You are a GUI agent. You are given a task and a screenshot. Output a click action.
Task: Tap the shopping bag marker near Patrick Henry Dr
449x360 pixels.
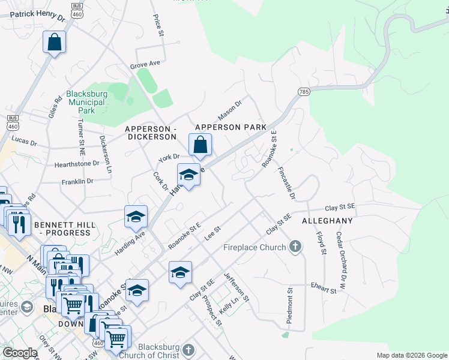pos(54,43)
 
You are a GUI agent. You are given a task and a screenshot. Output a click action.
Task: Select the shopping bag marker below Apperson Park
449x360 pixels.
pos(200,145)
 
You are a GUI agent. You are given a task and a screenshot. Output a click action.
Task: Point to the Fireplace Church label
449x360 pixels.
pos(255,247)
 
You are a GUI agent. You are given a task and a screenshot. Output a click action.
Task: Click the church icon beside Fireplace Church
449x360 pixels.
pos(295,247)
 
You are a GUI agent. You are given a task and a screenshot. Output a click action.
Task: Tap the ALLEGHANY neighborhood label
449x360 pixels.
pos(327,221)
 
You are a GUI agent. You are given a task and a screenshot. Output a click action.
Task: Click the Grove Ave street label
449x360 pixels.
pos(145,64)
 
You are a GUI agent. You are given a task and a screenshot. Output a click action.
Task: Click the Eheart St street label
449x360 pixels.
pos(324,289)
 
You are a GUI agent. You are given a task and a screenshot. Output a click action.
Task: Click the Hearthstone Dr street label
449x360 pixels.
pos(76,163)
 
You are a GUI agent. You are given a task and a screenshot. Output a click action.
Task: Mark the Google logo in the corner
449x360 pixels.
pos(20,353)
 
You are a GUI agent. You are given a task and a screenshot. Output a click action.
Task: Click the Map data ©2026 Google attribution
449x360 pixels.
pos(411,355)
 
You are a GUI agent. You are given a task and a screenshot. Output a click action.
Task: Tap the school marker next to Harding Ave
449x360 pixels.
pos(136,217)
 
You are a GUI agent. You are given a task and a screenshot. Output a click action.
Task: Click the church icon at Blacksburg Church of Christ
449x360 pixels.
pos(188,350)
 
